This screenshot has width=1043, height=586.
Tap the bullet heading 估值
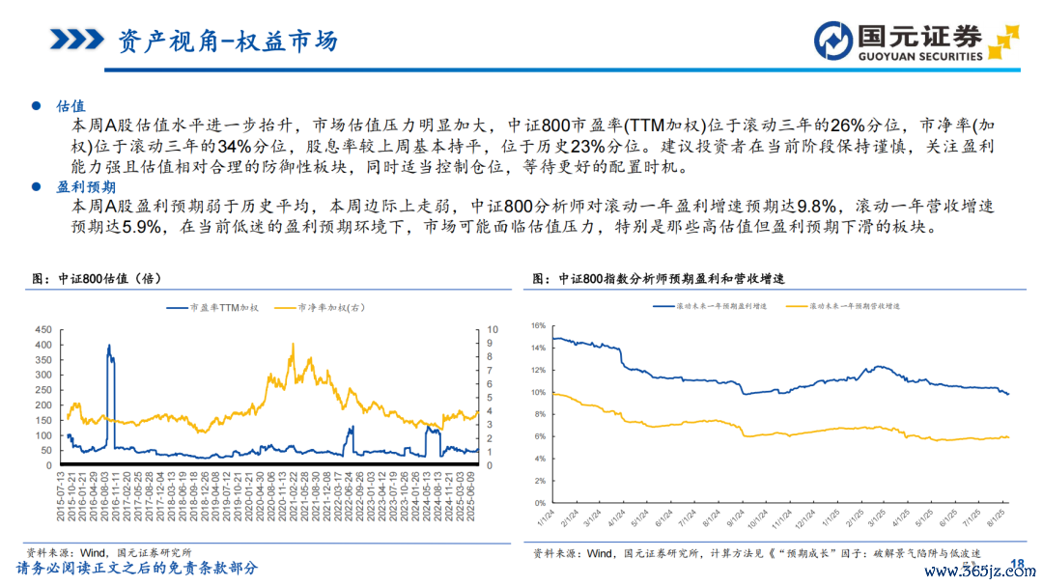coord(71,105)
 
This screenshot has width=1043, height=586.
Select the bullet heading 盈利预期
coord(86,186)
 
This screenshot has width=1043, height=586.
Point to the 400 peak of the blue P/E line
coord(108,346)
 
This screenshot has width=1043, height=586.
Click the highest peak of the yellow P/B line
coord(293,345)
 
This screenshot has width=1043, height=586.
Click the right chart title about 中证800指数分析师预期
coord(659,278)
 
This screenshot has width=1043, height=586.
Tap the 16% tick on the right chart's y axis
coord(538,325)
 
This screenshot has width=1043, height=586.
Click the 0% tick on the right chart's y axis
coord(541,503)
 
